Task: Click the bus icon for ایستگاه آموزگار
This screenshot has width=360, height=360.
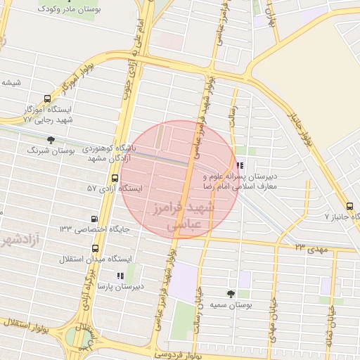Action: click(x=46, y=99)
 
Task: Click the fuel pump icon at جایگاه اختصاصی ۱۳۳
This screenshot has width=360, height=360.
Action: click(x=95, y=219)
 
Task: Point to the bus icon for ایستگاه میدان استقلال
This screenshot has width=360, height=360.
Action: click(x=95, y=248)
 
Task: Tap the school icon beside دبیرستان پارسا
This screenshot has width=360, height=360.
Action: click(x=120, y=276)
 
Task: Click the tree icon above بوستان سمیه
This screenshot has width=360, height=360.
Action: click(x=231, y=293)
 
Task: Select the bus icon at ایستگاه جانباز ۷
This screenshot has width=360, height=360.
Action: click(x=352, y=205)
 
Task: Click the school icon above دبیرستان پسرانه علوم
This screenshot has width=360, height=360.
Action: click(x=241, y=167)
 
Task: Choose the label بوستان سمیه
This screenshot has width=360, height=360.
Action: click(x=231, y=307)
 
